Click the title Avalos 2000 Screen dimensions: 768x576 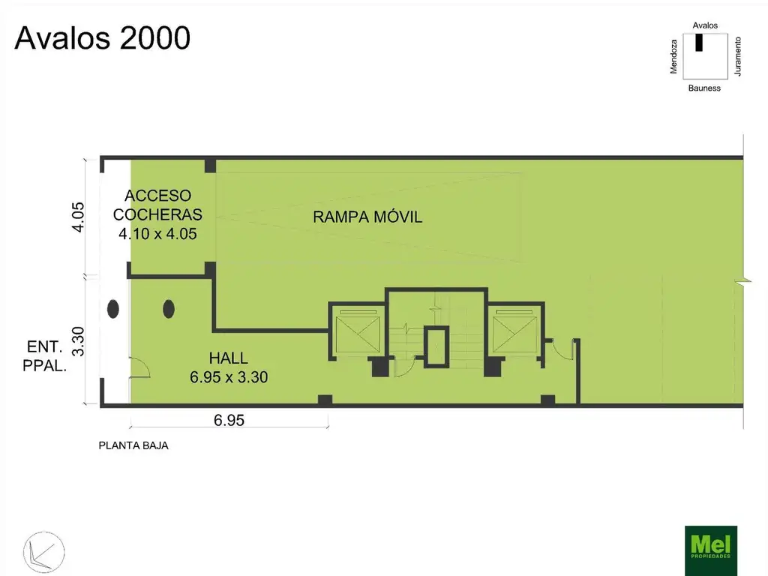click(102, 37)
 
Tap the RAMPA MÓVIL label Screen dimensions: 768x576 click(367, 217)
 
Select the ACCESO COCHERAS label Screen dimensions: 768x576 click(157, 205)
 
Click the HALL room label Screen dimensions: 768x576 click(228, 358)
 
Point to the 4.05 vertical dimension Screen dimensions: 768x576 click(78, 217)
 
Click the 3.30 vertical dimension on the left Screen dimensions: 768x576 click(78, 341)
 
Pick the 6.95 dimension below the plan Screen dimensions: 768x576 click(229, 420)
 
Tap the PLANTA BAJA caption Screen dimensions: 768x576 click(133, 445)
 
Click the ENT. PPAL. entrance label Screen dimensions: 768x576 click(44, 356)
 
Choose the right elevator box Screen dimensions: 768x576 click(515, 331)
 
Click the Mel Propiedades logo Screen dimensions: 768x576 click(711, 550)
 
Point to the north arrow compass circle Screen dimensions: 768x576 click(44, 552)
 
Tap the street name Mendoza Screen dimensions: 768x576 click(674, 57)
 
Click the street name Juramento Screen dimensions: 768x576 click(738, 56)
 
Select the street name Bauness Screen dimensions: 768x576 click(704, 88)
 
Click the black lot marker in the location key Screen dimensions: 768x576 click(699, 42)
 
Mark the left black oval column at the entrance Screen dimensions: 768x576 click(113, 308)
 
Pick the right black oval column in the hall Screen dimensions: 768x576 click(169, 308)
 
